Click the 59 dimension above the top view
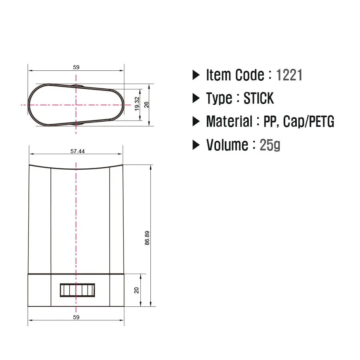76,67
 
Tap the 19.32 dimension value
137,104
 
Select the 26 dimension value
146,105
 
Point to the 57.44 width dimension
77,151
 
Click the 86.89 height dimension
147,238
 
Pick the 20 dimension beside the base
137,290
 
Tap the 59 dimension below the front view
76,317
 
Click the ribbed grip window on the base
77,290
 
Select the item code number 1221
289,75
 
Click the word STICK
259,98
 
